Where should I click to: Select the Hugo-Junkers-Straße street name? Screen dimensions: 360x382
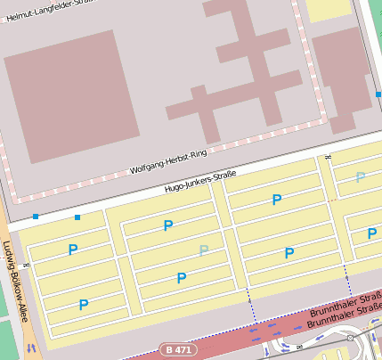pyautogui.click(x=200, y=182)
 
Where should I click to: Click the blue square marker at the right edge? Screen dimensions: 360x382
pyautogui.click(x=378, y=94)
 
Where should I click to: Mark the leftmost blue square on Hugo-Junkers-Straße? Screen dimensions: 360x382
pyautogui.click(x=36, y=217)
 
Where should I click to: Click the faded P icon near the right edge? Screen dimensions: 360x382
pyautogui.click(x=360, y=177)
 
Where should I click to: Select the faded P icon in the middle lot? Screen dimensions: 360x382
pyautogui.click(x=204, y=250)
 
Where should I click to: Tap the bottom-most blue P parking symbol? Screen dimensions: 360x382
pyautogui.click(x=84, y=305)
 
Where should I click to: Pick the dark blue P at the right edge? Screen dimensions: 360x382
pyautogui.click(x=372, y=234)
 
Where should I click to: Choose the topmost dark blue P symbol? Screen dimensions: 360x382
pyautogui.click(x=277, y=200)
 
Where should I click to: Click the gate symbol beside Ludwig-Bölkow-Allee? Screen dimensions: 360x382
pyautogui.click(x=27, y=265)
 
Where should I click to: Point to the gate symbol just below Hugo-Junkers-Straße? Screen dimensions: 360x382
pyautogui.click(x=329, y=159)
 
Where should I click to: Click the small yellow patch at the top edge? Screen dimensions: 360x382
pyautogui.click(x=329, y=9)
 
